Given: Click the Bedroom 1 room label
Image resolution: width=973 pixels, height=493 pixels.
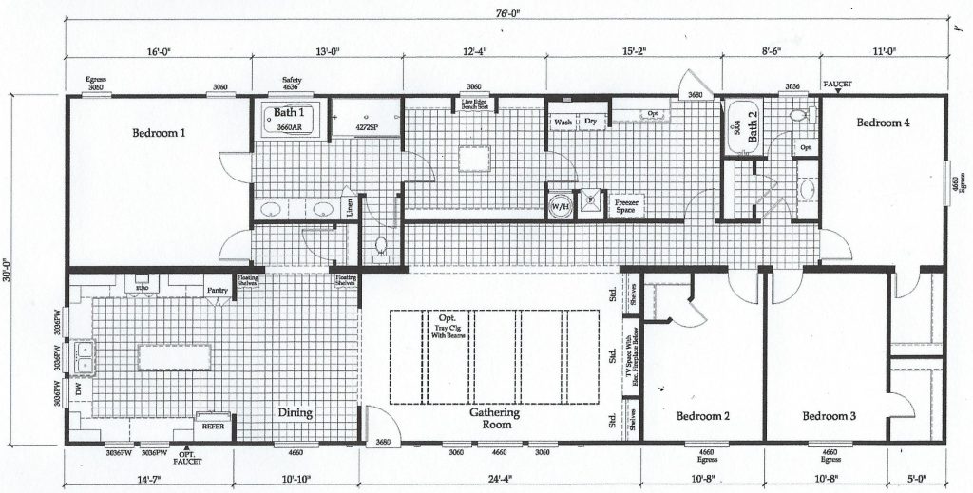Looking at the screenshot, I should [158, 134].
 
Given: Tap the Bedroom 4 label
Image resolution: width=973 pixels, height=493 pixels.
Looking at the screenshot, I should [885, 123].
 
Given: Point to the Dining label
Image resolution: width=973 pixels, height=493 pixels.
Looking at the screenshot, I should [296, 413].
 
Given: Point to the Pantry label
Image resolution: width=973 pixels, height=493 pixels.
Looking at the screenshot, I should [218, 290].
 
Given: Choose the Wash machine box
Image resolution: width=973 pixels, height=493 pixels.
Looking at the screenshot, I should [563, 122].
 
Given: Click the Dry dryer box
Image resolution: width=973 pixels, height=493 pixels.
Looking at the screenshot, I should [590, 122].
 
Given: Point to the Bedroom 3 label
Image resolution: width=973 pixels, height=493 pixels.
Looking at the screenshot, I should [829, 416].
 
